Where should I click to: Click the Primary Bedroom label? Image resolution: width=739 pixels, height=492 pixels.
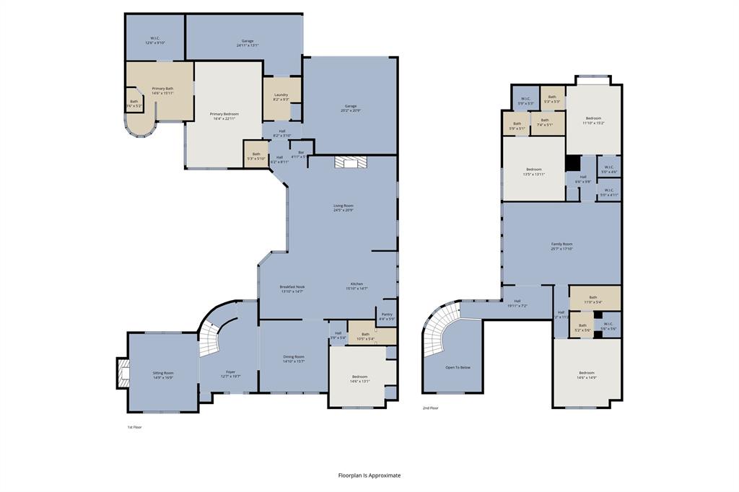(224, 116)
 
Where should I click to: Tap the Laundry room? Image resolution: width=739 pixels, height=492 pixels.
(281, 97)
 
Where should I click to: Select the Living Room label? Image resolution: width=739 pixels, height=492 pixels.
(344, 208)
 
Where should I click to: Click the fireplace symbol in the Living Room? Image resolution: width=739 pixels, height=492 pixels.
(350, 162)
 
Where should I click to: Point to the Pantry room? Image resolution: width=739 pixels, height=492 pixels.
(387, 316)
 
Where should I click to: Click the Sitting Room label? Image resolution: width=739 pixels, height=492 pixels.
(162, 375)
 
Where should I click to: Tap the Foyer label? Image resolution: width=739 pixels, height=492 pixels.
(228, 374)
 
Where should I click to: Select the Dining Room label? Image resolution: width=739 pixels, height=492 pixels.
(293, 359)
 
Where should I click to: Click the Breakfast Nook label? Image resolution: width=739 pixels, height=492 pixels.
(292, 289)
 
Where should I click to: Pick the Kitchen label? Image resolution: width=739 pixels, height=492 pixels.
(357, 286)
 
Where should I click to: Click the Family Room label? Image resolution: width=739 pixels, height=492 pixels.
(562, 247)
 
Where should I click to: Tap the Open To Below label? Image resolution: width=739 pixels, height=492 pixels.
(458, 367)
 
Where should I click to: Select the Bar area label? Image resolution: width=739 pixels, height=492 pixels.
(301, 154)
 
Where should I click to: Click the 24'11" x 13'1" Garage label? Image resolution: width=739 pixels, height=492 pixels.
(247, 43)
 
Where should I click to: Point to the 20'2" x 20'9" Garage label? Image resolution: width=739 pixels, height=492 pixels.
(350, 108)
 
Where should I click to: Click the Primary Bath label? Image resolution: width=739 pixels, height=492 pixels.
(162, 91)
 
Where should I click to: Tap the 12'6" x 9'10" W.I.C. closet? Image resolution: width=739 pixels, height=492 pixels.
(154, 40)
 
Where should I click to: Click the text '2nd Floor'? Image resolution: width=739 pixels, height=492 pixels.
(431, 408)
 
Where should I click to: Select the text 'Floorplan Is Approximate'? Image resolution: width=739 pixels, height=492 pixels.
(369, 475)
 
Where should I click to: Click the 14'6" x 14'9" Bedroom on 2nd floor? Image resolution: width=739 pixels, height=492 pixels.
(586, 375)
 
